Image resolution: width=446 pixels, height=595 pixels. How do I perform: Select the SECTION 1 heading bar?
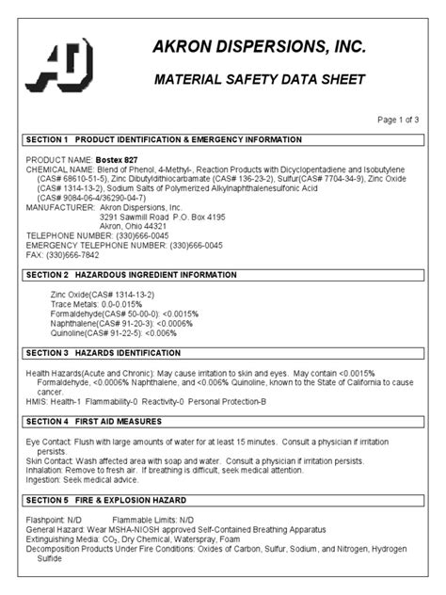coord(222,139)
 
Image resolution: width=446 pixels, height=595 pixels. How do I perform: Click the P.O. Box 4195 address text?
coord(191,217)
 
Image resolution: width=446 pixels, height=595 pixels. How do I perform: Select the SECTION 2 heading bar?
coord(222,274)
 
